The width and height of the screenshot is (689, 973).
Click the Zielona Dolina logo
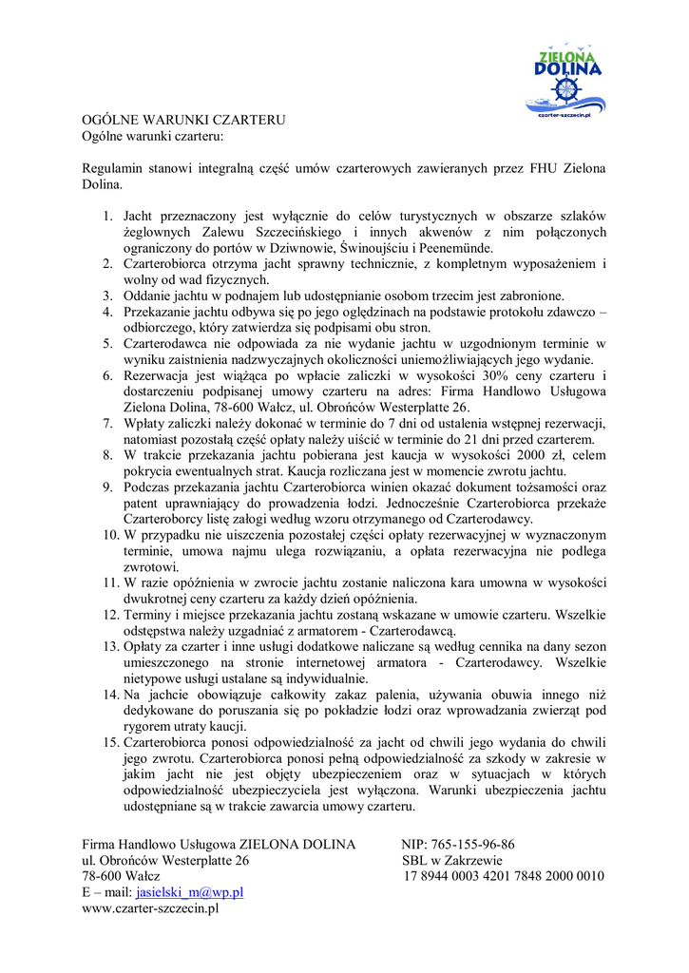click(x=566, y=82)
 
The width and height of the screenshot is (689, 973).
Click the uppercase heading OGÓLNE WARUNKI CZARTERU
click(x=183, y=120)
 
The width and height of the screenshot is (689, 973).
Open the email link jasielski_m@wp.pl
click(x=190, y=892)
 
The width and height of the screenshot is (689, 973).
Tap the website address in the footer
click(x=151, y=908)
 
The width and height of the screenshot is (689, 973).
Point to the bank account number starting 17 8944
click(x=504, y=876)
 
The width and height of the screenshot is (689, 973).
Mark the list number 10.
click(x=111, y=536)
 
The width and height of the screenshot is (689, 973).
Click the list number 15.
click(x=111, y=742)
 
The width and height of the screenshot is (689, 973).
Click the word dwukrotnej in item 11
click(x=154, y=599)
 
